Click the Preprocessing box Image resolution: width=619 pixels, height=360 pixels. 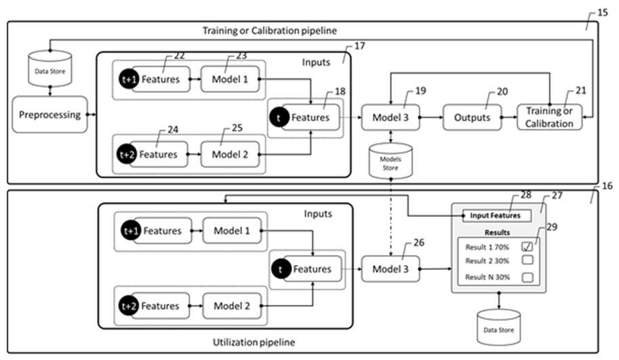click(49, 115)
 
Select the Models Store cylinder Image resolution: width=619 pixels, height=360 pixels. click(391, 161)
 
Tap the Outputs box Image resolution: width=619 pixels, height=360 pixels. click(472, 117)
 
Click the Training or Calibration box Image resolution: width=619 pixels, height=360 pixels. click(549, 117)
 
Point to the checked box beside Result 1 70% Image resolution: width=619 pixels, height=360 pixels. click(527, 247)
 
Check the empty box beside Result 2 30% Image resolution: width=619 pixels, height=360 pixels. click(527, 260)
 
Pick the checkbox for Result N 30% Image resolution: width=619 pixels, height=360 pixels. click(527, 277)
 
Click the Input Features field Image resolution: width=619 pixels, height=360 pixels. click(496, 216)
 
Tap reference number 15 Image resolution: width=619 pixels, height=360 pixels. click(603, 13)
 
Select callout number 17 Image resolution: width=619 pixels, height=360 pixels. click(359, 46)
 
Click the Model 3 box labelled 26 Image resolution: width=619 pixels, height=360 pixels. click(391, 269)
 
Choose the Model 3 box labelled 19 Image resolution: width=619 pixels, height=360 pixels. click(391, 117)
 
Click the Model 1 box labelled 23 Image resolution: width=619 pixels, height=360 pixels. click(230, 79)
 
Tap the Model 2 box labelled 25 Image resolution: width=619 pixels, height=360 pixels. click(230, 155)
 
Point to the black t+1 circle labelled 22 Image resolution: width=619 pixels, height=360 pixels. click(129, 79)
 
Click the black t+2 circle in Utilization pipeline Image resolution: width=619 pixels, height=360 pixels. click(129, 306)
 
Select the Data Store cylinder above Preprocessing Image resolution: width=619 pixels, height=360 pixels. click(49, 68)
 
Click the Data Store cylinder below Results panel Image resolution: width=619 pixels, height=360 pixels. click(498, 327)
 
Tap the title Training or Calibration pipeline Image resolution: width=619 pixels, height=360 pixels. click(270, 31)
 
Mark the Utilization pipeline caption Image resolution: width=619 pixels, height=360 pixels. click(254, 342)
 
